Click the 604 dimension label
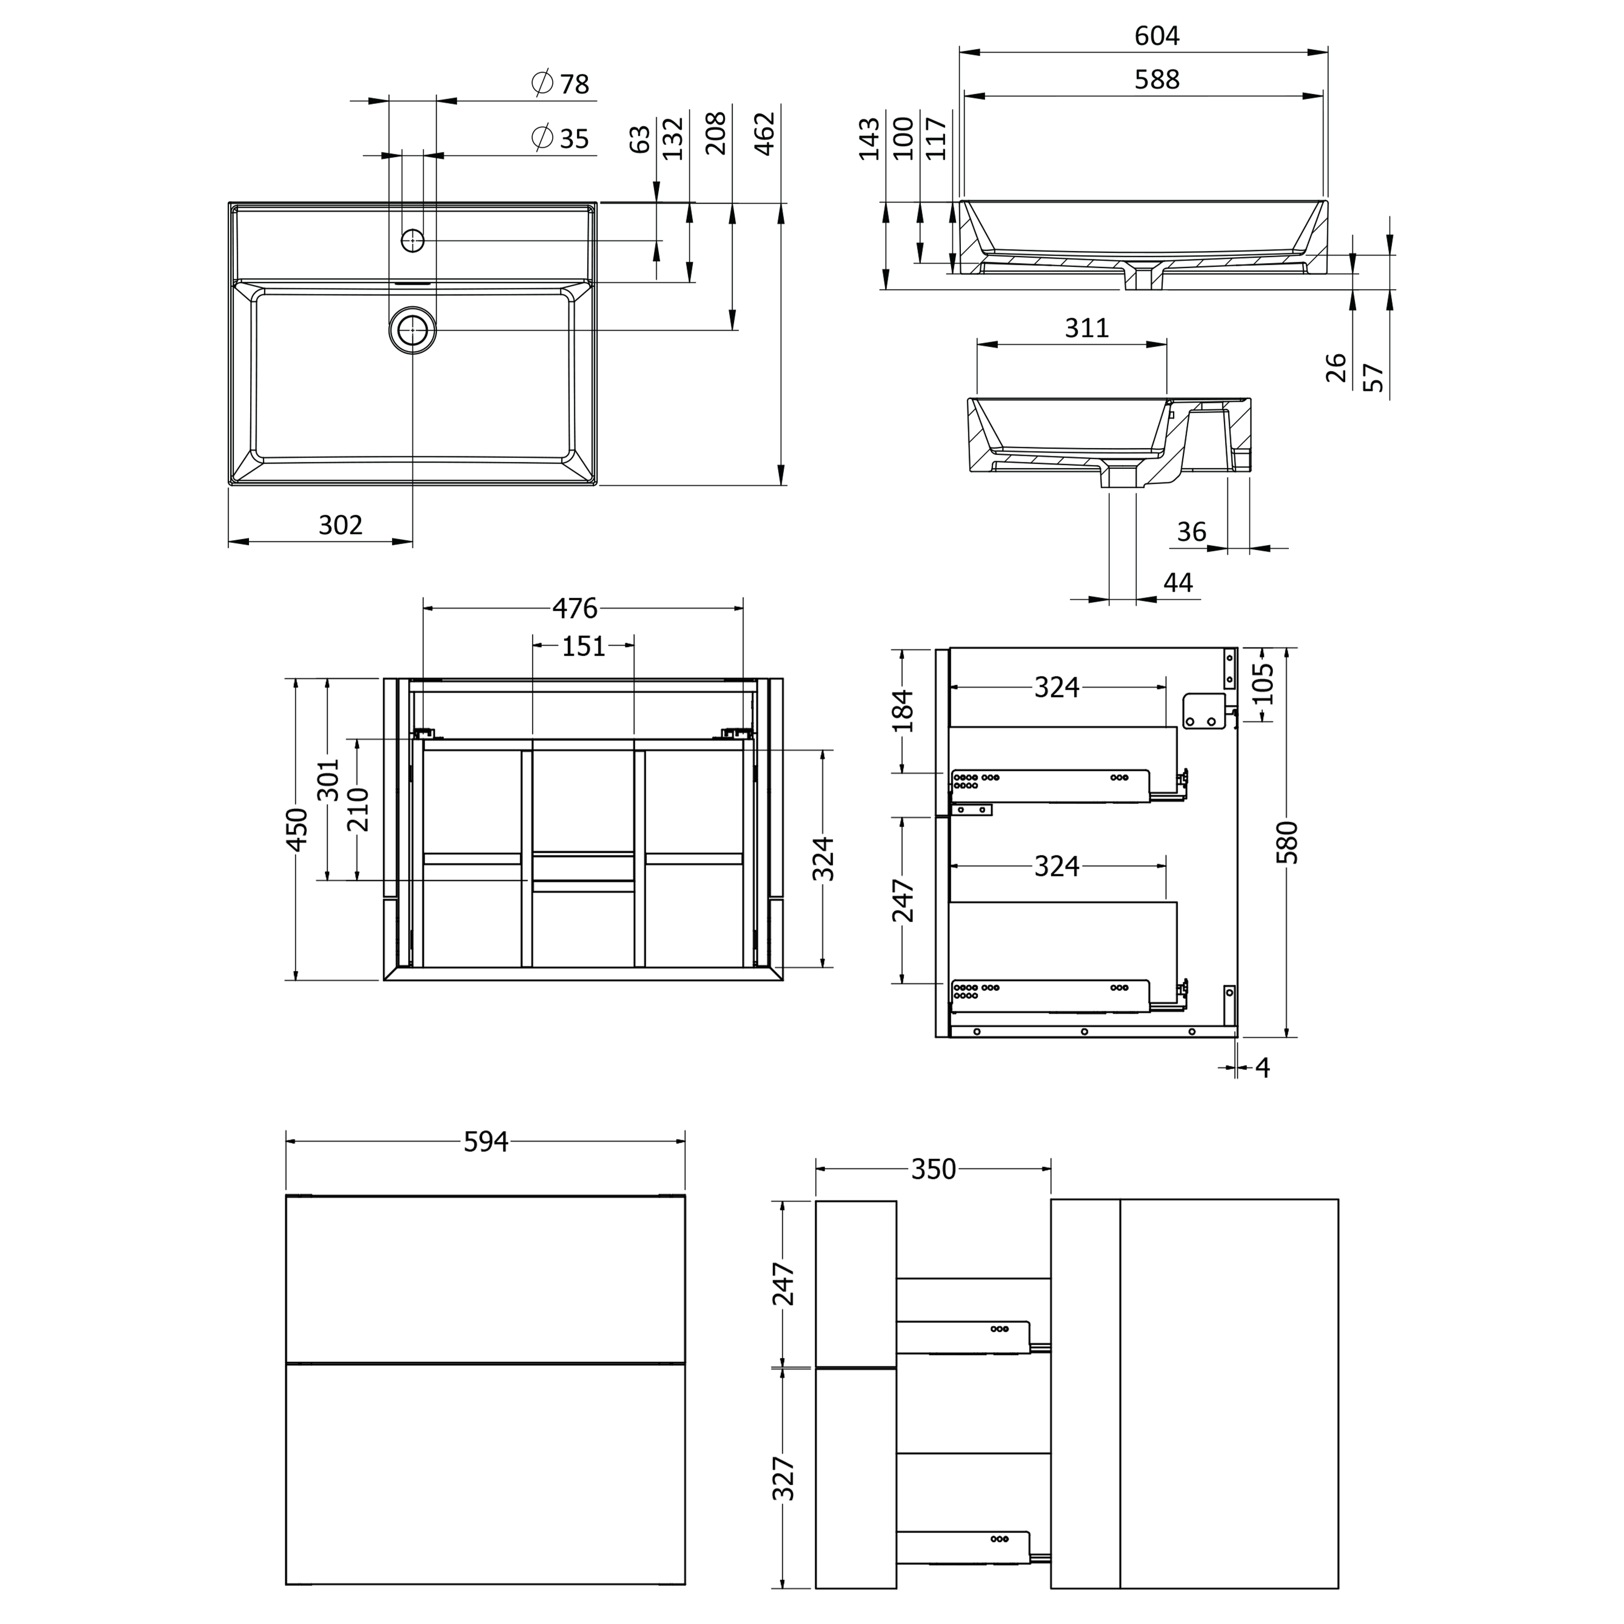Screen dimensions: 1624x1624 tap(1157, 36)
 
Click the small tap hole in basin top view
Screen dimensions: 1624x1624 tap(412, 240)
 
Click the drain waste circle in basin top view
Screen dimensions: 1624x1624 tap(412, 330)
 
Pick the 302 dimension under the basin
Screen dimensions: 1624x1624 tap(340, 525)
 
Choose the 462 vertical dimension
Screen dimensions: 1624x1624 tap(764, 134)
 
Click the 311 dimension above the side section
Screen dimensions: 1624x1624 tap(1087, 328)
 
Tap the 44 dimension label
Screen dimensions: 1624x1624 tap(1177, 582)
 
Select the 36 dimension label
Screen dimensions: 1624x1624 tap(1191, 531)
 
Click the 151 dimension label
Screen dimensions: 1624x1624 tap(584, 646)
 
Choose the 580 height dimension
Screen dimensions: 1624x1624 tap(1287, 842)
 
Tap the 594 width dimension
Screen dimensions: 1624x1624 tap(486, 1142)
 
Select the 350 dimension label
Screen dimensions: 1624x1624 tap(934, 1169)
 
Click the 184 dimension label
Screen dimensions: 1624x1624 tap(903, 710)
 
